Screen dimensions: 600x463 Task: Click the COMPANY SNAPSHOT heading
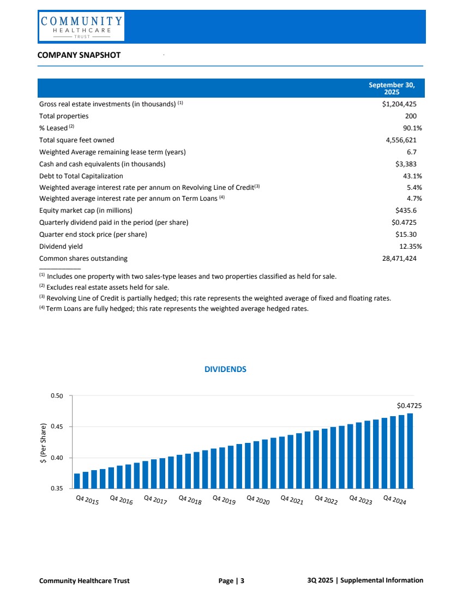coord(79,55)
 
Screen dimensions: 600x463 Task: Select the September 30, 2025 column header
coord(392,88)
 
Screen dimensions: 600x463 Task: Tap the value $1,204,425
coord(399,104)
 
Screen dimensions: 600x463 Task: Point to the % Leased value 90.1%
coord(409,128)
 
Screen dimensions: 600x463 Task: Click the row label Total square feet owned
coord(76,140)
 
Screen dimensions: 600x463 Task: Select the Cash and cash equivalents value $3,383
coord(406,164)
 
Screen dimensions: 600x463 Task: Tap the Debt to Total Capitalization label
coord(81,176)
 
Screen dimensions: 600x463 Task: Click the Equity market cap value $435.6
coord(406,211)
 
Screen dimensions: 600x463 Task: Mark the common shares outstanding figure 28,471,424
coord(399,259)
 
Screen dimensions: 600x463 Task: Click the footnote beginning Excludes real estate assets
coord(107,287)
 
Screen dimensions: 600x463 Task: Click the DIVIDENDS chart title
coord(225,369)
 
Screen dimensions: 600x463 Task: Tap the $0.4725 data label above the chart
coord(409,406)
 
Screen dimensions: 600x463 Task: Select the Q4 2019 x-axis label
coord(224,500)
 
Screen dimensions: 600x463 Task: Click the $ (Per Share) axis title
coord(43,442)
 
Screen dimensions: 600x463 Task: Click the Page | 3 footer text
coord(231,581)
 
